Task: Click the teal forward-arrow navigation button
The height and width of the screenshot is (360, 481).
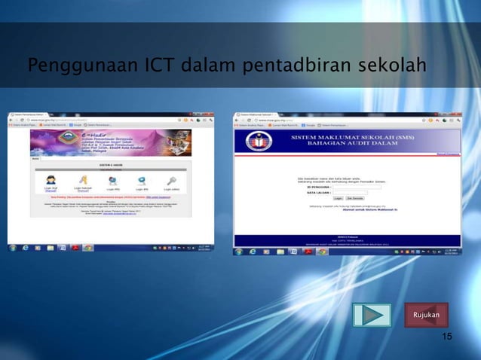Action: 372,313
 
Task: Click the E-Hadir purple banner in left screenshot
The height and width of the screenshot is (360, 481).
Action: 110,142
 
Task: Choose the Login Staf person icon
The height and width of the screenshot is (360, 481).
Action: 52,180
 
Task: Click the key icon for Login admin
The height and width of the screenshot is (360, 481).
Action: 171,180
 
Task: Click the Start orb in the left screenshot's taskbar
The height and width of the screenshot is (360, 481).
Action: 13,247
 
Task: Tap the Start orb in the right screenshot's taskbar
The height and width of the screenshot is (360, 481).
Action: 238,250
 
